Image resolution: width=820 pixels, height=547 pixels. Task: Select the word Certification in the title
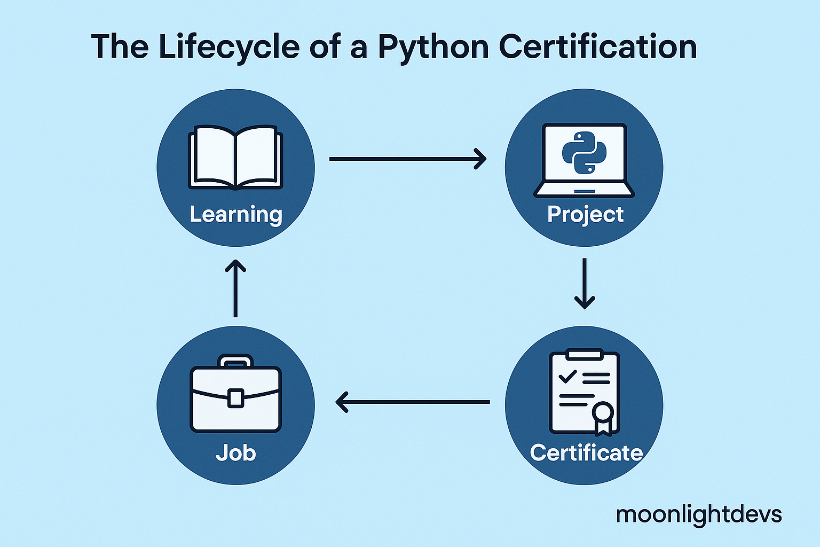coord(598,47)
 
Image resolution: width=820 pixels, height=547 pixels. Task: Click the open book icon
coord(235,157)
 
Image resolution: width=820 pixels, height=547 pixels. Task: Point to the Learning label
coord(235,215)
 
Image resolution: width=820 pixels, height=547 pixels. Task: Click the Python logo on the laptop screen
coord(584,152)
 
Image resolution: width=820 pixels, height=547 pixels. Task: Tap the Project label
coord(585,215)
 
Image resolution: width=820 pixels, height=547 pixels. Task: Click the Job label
coord(235,453)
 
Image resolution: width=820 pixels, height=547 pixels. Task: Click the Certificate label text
coord(586,453)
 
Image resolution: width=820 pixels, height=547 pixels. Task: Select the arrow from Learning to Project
coord(408,159)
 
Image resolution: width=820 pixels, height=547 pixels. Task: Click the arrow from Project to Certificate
coord(585,284)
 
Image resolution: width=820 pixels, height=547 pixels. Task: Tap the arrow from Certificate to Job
coord(413,402)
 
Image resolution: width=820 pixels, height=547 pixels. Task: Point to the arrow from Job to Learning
coord(235,288)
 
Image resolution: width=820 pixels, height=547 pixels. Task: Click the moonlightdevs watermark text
coord(698,514)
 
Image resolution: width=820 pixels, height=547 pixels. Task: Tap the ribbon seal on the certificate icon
coord(603,416)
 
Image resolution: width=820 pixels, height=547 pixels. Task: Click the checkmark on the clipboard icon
coord(567,376)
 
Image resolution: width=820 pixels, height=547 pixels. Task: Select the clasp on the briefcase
coord(235,398)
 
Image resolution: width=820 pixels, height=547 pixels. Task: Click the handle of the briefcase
coord(235,361)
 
